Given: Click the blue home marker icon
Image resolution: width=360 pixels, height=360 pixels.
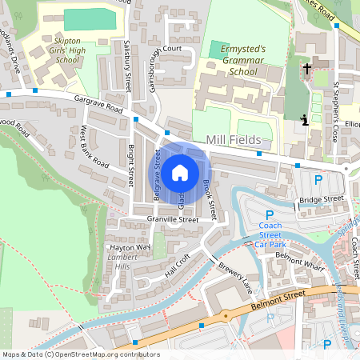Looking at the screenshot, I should coord(180,171).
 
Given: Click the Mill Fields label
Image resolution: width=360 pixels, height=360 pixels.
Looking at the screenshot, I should coord(234,140).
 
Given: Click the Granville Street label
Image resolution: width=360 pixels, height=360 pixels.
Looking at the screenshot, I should coord(172,219).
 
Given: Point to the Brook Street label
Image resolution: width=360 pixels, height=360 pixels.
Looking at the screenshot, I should coord(209,198).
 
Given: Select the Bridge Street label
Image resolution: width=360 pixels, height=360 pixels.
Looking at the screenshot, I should coord(321,198).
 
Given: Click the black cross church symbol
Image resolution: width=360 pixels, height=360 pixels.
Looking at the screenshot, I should coord(307,70).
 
